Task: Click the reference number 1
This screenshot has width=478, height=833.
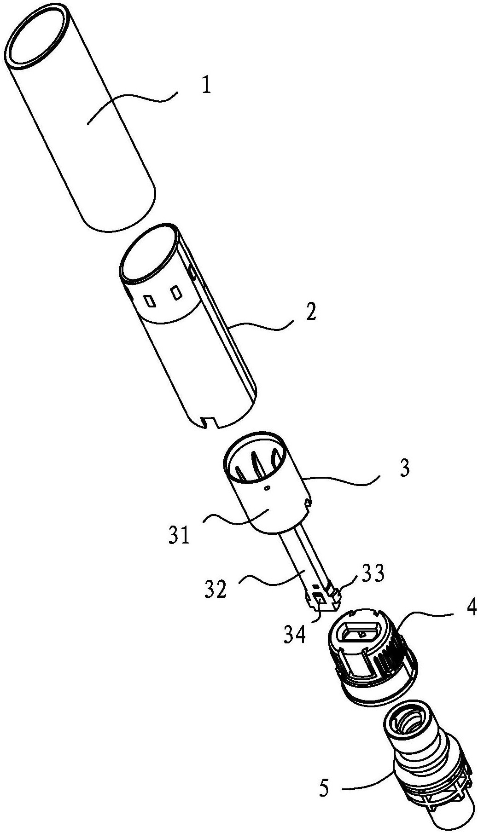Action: pos(206,86)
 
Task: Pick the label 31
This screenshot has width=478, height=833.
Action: pos(179,536)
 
